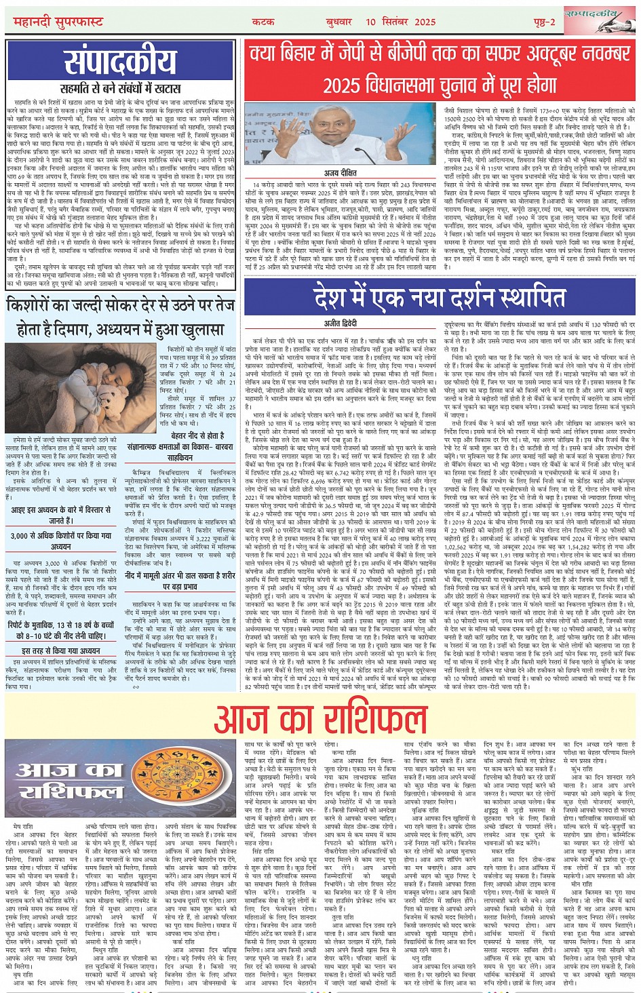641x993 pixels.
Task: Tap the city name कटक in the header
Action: click(263, 22)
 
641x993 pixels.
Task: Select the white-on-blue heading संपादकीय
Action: click(120, 62)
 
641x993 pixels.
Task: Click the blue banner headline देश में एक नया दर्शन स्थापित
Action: click(440, 297)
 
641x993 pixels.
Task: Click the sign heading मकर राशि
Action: click(503, 851)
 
